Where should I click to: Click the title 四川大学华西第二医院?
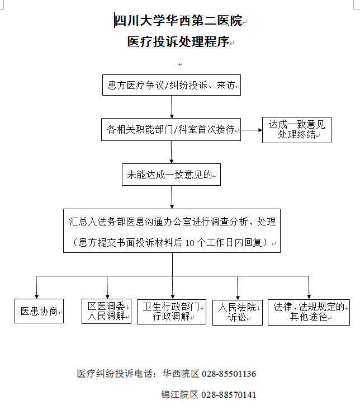(x=178, y=21)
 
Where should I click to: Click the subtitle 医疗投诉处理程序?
(x=178, y=42)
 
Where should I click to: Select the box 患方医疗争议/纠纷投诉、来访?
(x=172, y=85)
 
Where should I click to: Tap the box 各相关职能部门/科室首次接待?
(x=171, y=129)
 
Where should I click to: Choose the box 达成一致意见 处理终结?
(x=297, y=130)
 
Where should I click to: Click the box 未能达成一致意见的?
(x=171, y=175)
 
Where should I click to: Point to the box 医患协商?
(x=39, y=311)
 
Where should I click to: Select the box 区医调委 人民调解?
(x=106, y=311)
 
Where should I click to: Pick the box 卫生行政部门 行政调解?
(x=172, y=312)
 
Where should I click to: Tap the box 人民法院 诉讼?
(x=238, y=312)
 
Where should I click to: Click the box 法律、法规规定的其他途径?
(x=309, y=312)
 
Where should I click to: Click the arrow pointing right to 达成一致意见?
(x=252, y=130)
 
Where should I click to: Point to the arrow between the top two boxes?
(x=172, y=107)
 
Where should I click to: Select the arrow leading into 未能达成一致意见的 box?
(x=172, y=152)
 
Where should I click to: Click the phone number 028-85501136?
(x=229, y=374)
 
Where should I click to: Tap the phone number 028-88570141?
(x=229, y=395)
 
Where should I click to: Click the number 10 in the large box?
(x=190, y=243)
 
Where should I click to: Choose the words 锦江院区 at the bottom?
(x=180, y=395)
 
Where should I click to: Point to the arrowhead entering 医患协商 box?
(x=36, y=296)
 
